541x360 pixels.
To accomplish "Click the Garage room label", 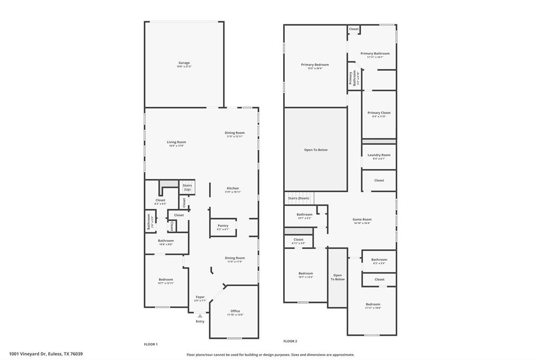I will pos(184,63).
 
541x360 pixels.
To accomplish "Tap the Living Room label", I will pos(176,142).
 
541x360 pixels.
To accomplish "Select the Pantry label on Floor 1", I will pos(222,225).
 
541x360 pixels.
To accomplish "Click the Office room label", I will pos(235,311).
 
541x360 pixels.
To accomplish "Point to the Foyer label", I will pos(200,297).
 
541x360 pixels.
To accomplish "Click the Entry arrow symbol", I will pos(200,316).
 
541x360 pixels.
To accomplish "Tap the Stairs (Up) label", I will pos(187,187).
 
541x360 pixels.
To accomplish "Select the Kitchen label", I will pos(233,188).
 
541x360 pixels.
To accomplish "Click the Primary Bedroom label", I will pos(315,64).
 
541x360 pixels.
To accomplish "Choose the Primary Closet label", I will pos(379,112).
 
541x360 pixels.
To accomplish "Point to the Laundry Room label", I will pos(379,155).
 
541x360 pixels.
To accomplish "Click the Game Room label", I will pos(362,219).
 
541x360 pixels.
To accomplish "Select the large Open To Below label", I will pos(315,149).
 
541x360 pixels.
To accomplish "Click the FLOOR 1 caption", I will pos(151,344).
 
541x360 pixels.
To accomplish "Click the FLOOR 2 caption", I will pos(290,341).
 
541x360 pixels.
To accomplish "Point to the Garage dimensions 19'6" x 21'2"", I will pos(184,67).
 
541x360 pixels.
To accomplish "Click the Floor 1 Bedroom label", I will pos(165,279).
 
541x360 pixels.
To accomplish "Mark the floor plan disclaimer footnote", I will pos(270,355).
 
